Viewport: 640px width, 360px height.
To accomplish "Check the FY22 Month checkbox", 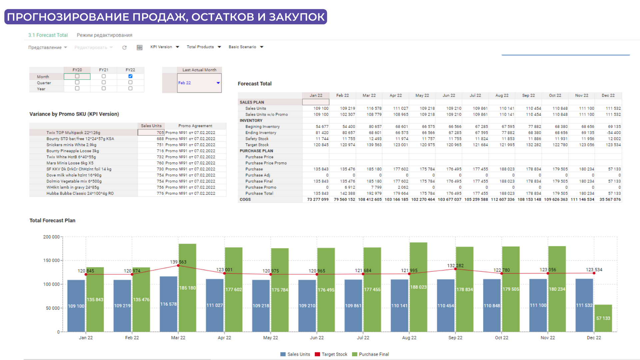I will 130,76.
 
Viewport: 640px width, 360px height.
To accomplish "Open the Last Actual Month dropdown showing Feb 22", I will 218,83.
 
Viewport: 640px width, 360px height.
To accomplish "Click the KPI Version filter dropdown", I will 165,47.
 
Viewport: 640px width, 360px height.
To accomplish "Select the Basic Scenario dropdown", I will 246,47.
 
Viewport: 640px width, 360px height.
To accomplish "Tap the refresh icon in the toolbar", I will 124,48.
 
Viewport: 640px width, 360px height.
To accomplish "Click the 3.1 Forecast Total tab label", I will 48,35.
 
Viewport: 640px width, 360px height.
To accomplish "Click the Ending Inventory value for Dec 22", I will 614,133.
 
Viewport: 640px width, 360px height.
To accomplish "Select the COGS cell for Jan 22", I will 318,199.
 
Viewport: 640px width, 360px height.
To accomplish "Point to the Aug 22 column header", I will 502,95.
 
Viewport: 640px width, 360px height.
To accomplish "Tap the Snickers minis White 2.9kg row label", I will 71,145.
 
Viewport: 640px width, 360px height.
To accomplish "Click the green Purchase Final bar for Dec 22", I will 603,318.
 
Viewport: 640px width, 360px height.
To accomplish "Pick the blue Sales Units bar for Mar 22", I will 168,304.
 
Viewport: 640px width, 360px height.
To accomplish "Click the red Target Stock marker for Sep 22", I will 455,269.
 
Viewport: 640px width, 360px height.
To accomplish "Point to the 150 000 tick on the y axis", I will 51,260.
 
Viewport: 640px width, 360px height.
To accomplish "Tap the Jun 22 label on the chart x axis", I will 317,338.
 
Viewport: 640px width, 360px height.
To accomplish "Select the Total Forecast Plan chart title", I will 52,220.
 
